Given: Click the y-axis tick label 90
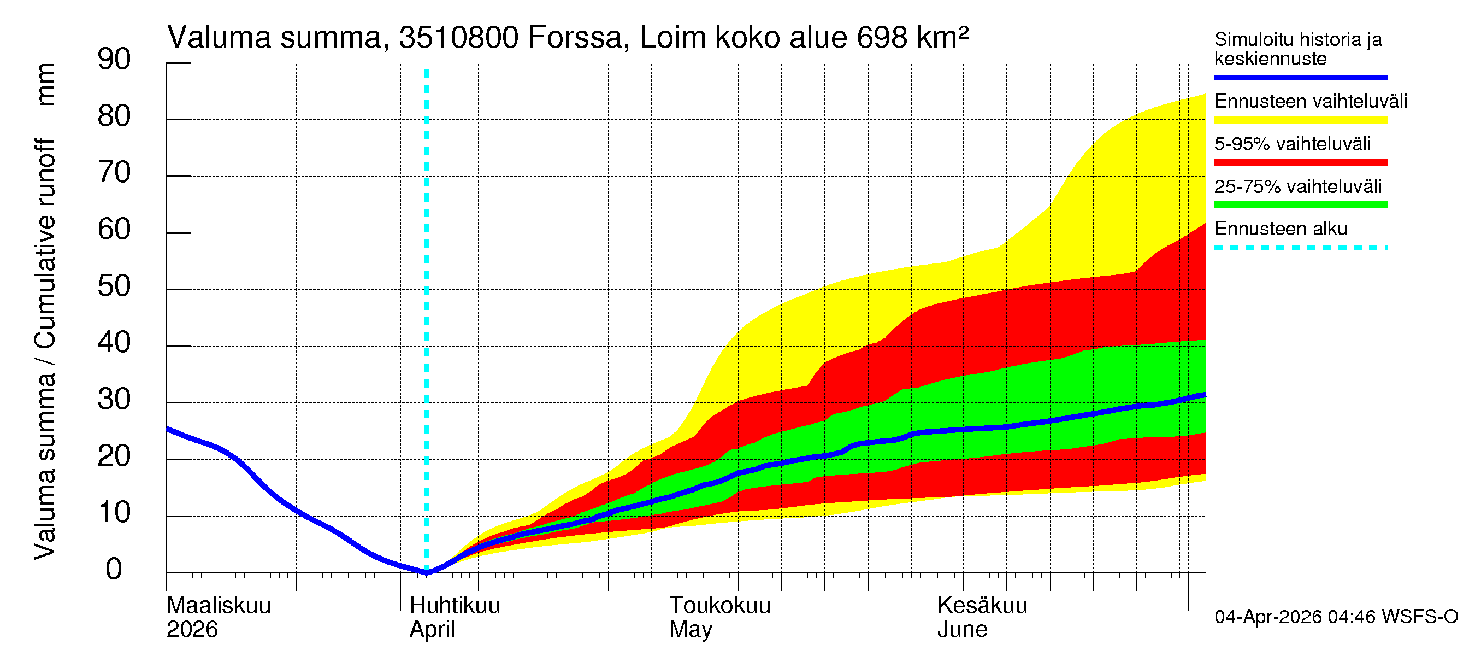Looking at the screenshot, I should pyautogui.click(x=114, y=60).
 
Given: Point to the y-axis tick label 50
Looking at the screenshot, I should pyautogui.click(x=114, y=286).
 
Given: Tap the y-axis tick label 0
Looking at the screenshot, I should pyautogui.click(x=114, y=570).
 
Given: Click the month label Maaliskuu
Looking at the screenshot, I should pyautogui.click(x=218, y=606).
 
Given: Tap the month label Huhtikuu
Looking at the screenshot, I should pyautogui.click(x=455, y=606).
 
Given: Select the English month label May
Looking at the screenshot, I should pyautogui.click(x=691, y=630).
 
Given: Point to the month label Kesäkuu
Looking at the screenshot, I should pyautogui.click(x=982, y=606).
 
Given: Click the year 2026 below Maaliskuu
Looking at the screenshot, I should pyautogui.click(x=192, y=630).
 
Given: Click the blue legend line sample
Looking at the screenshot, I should pyautogui.click(x=1300, y=77).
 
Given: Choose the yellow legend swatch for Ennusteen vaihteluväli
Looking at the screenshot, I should pyautogui.click(x=1300, y=120).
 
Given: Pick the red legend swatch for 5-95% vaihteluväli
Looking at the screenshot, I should pyautogui.click(x=1300, y=163).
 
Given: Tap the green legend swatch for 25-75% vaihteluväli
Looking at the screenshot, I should pyautogui.click(x=1300, y=205).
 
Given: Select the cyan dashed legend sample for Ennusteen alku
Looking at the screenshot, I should pyautogui.click(x=1300, y=248).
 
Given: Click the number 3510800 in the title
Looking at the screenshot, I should pyautogui.click(x=458, y=38).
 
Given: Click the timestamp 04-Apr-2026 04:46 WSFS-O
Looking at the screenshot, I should pyautogui.click(x=1336, y=617).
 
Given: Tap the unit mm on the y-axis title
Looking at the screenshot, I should pyautogui.click(x=45, y=84).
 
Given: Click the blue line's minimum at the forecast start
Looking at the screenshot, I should pyautogui.click(x=427, y=572).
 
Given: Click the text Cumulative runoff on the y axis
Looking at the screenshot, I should pyautogui.click(x=45, y=243).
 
